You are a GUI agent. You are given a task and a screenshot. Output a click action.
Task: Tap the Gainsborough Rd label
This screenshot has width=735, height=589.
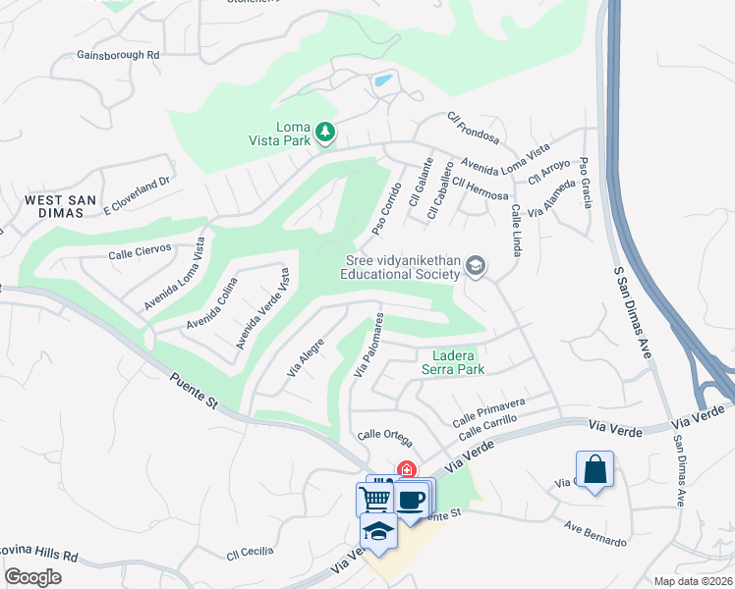click(118, 55)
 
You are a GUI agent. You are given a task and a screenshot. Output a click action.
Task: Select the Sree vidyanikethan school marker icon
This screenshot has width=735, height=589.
click(476, 266)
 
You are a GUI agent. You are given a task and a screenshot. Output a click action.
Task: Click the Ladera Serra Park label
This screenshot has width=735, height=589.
click(453, 362)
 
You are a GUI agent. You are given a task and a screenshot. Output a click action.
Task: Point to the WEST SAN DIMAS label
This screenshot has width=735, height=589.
click(60, 207)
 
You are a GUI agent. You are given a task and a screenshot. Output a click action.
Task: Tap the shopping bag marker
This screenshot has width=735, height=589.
click(595, 468)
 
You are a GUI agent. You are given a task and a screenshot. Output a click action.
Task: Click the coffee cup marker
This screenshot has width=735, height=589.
click(411, 499)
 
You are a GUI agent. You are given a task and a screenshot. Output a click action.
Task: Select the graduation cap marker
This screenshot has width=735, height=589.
click(378, 531)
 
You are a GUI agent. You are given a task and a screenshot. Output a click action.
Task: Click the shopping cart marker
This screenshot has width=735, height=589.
click(374, 499)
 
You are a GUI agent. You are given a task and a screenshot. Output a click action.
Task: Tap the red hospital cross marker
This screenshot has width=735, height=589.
click(405, 470)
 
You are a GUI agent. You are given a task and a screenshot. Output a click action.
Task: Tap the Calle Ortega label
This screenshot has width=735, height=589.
click(384, 435)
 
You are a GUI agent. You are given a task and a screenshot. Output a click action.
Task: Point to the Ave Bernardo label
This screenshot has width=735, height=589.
click(595, 535)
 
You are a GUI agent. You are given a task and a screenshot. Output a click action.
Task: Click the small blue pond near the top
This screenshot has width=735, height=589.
click(383, 80)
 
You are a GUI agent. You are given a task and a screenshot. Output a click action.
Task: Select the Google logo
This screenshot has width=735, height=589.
click(33, 577)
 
